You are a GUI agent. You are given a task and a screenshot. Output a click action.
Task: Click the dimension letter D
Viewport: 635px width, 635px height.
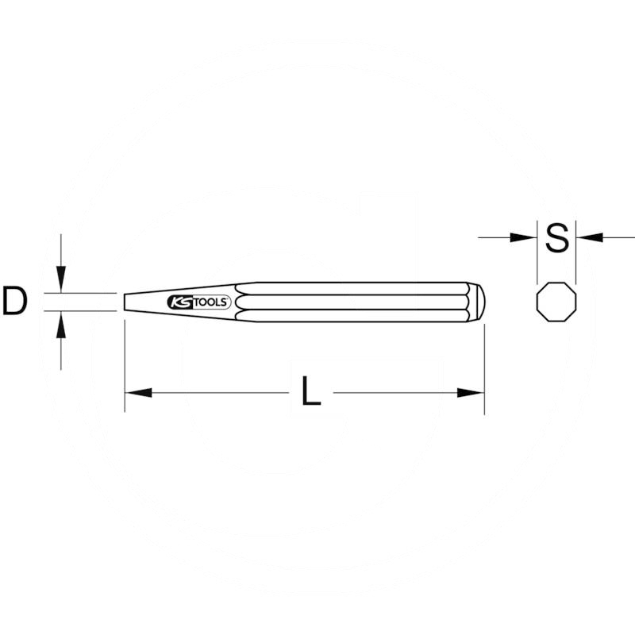pyautogui.click(x=14, y=302)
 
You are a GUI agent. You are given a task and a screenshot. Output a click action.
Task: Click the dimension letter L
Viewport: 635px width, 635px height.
pyautogui.click(x=311, y=392)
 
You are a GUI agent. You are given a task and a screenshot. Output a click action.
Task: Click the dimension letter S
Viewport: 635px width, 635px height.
pyautogui.click(x=558, y=237)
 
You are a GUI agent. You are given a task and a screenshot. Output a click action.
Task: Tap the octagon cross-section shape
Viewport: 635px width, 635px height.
pyautogui.click(x=556, y=302)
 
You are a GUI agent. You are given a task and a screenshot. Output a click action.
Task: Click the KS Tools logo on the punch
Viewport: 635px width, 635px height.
pyautogui.click(x=199, y=302)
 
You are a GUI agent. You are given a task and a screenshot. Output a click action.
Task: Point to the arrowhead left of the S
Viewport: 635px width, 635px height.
pyautogui.click(x=525, y=237)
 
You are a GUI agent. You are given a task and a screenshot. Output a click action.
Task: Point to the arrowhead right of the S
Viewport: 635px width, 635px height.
pyautogui.click(x=588, y=237)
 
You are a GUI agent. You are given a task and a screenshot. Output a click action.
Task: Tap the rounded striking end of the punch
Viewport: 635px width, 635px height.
pyautogui.click(x=479, y=302)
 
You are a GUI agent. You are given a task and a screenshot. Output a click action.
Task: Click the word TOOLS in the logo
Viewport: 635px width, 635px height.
pyautogui.click(x=213, y=302)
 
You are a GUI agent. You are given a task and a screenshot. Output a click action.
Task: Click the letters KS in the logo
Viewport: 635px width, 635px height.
pyautogui.click(x=178, y=302)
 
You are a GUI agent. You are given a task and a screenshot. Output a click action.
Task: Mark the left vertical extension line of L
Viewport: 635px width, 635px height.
pyautogui.click(x=125, y=365)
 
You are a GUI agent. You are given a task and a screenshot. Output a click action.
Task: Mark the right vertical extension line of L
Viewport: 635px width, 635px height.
pyautogui.click(x=484, y=365)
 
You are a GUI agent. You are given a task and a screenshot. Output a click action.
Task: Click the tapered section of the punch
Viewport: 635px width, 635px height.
pyautogui.click(x=151, y=302)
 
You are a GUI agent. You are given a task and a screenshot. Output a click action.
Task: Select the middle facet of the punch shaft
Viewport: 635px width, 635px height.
pyautogui.click(x=357, y=302)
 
